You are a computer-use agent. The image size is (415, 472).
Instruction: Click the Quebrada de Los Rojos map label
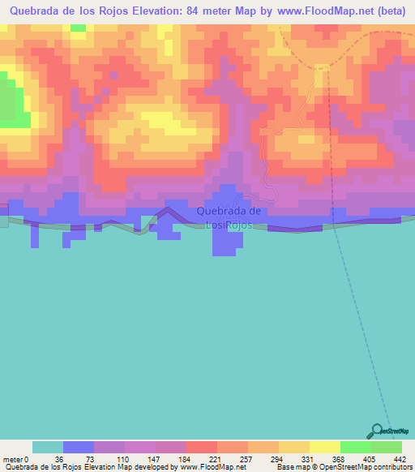(229, 217)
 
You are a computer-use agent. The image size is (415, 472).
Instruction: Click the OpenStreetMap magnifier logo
(377, 431)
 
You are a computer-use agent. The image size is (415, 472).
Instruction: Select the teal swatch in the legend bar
(48, 447)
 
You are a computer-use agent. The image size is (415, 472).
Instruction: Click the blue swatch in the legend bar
(79, 447)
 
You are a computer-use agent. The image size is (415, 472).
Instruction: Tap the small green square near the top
(78, 28)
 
